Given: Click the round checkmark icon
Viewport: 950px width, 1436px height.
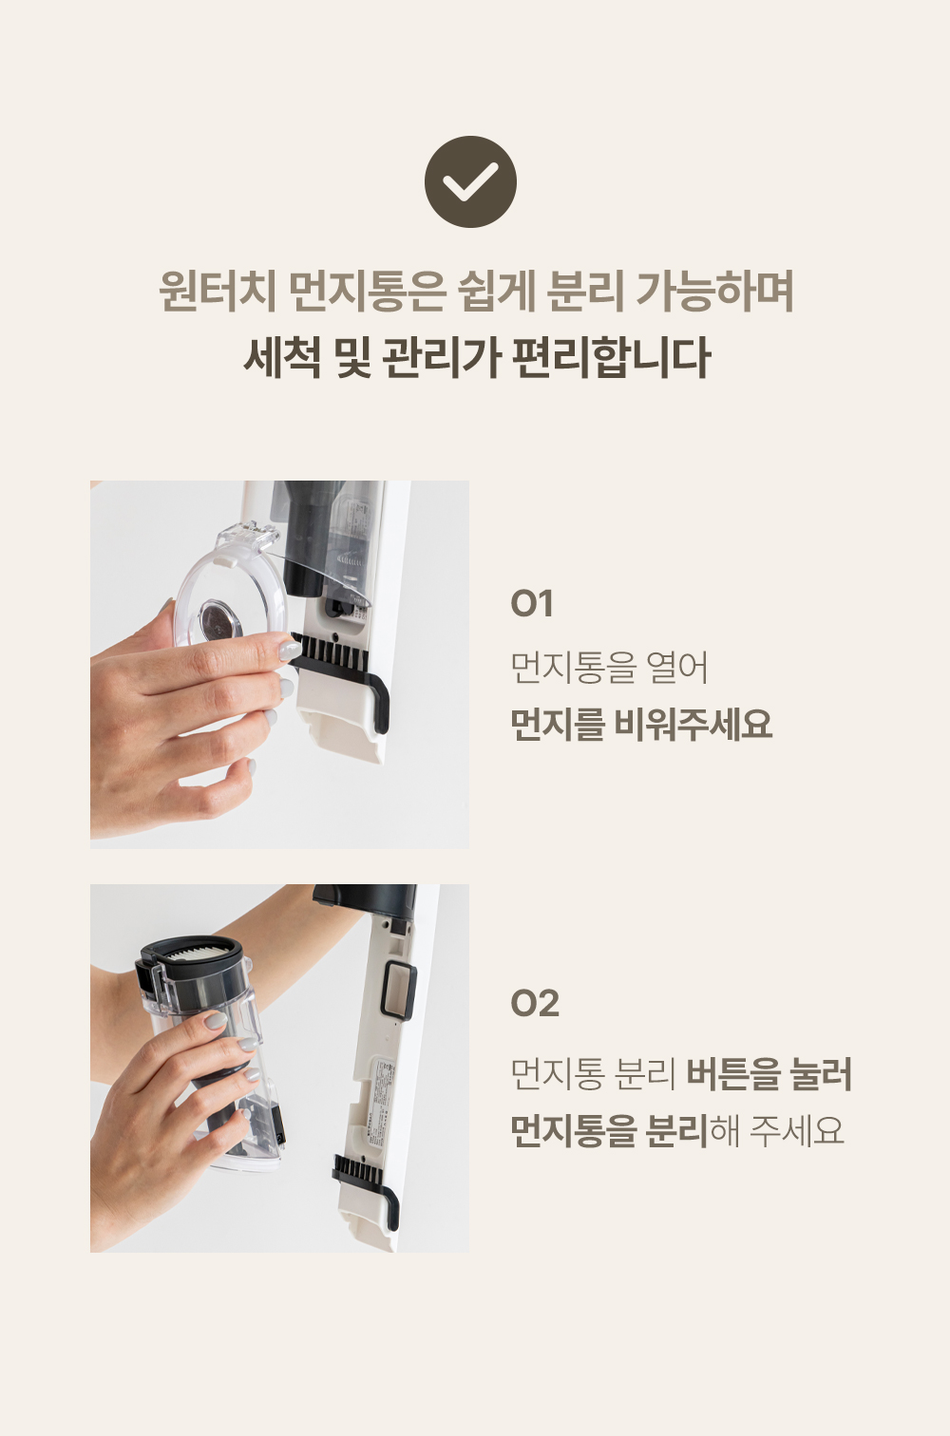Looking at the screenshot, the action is pyautogui.click(x=470, y=181).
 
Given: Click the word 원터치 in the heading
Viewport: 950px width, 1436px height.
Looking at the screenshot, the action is pyautogui.click(x=217, y=292).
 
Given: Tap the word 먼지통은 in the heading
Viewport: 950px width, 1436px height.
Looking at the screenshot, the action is pyautogui.click(x=367, y=292).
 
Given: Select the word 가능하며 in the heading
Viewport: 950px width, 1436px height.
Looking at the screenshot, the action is pyautogui.click(x=714, y=292).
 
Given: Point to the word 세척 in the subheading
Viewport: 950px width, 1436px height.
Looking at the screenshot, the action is pyautogui.click(x=281, y=357).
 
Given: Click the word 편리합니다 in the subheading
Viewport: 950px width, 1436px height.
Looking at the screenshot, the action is pyautogui.click(x=611, y=357).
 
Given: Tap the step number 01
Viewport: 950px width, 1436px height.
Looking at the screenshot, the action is pyautogui.click(x=531, y=603).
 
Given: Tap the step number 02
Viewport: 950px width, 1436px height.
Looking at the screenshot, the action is pyautogui.click(x=534, y=1003).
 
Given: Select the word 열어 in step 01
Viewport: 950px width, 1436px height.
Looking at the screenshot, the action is pyautogui.click(x=677, y=668).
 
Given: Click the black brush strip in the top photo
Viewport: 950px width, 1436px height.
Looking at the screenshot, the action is pyautogui.click(x=331, y=652).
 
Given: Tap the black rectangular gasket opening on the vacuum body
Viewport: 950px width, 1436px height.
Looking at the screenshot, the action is pyautogui.click(x=398, y=992).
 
